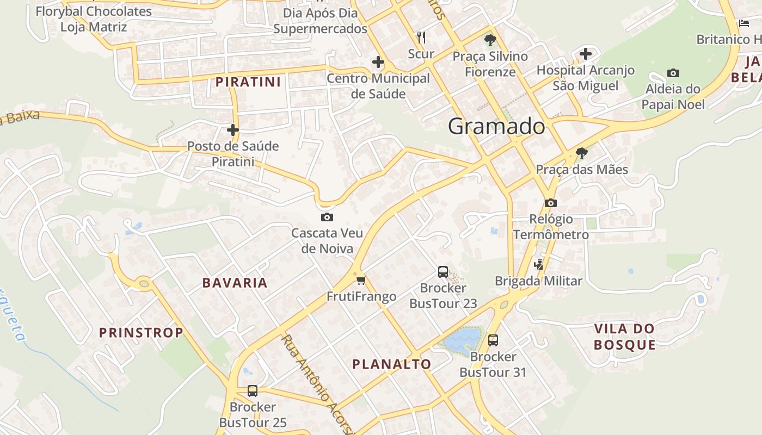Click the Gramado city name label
click(x=496, y=127)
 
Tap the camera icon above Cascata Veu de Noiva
click(x=327, y=217)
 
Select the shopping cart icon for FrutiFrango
click(x=361, y=281)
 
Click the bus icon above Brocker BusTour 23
click(x=443, y=272)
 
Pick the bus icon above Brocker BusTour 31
click(x=493, y=340)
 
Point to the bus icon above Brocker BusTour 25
click(x=253, y=390)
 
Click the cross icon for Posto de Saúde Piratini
click(x=233, y=130)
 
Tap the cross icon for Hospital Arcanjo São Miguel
click(x=586, y=54)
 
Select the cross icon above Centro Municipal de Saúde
click(x=378, y=62)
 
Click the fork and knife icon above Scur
click(x=421, y=37)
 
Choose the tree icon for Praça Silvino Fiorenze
click(x=490, y=40)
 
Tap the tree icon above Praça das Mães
click(x=582, y=153)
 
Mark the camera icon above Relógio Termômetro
click(x=551, y=203)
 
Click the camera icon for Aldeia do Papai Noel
click(x=673, y=73)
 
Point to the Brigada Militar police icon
click(x=539, y=265)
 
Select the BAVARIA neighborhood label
click(x=235, y=283)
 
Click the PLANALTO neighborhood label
click(x=392, y=364)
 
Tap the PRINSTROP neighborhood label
click(x=141, y=333)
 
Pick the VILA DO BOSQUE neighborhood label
click(x=624, y=337)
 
